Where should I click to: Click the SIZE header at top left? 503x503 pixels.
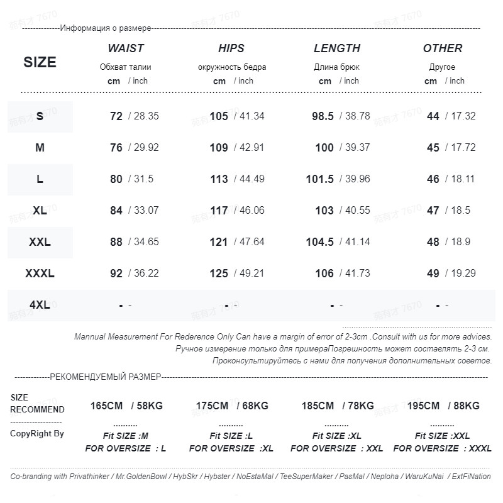point(40,62)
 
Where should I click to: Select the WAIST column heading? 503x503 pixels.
point(126,48)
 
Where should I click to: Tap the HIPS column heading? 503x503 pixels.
point(231,48)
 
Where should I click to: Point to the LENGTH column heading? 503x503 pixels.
point(337,48)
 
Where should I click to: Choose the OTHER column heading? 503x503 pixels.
point(443,48)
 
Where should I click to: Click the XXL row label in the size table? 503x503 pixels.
point(40,242)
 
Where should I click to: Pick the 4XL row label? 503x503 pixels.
point(40,305)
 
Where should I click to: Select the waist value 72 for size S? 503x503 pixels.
point(116,116)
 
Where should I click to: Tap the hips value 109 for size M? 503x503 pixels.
point(219,148)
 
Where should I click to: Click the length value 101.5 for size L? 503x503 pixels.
point(320,179)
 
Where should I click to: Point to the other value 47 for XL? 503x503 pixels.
point(433,211)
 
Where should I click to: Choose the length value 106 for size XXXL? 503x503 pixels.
point(324,274)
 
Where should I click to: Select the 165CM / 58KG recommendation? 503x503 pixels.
point(126,406)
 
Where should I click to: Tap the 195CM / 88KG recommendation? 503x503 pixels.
point(443,406)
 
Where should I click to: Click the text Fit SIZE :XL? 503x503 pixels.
point(337,436)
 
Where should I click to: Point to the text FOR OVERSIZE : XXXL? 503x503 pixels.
point(443,448)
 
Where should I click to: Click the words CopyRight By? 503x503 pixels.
point(37,434)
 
